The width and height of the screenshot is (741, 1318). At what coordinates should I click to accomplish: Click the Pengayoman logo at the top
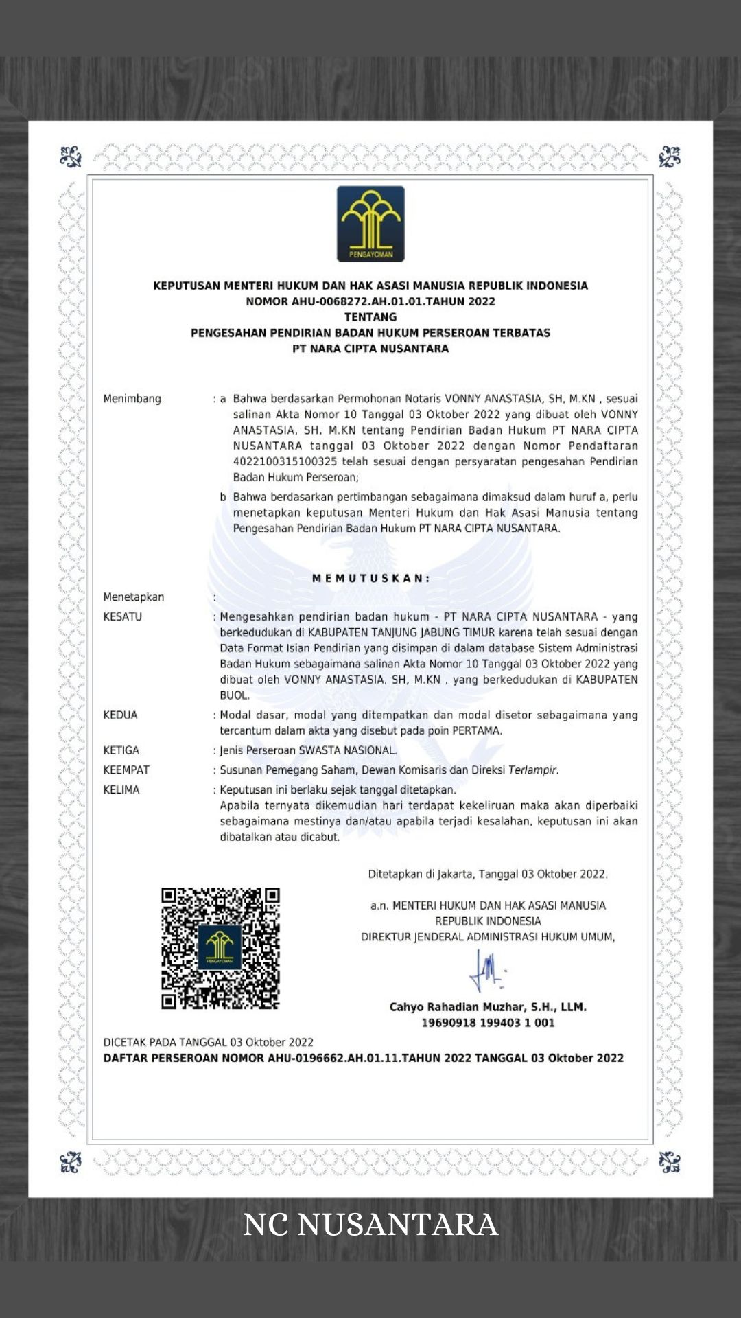370,224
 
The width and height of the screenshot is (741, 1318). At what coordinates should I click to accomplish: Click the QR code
220,948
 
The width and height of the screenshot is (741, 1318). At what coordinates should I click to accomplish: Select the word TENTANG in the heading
370,317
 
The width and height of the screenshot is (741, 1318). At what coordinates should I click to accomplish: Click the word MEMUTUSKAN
370,579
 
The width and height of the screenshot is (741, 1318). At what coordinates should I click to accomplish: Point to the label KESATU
123,616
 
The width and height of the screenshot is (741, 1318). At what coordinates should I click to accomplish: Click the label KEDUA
121,715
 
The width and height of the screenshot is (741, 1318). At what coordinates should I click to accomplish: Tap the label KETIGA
121,750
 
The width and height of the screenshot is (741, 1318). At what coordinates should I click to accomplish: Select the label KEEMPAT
126,770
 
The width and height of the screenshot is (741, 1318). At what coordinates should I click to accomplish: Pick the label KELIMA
121,790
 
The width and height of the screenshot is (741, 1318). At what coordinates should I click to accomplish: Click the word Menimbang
132,399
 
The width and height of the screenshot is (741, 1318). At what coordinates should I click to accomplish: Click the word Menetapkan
134,597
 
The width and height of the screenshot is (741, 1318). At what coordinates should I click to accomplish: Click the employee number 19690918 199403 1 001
488,1023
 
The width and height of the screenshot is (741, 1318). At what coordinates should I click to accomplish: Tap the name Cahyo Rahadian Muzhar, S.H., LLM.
488,1007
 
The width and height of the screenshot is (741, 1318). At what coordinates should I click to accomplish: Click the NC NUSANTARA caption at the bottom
370,1225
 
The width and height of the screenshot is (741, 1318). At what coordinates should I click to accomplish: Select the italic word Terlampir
533,770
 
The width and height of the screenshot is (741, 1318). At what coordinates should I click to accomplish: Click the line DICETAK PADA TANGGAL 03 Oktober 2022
209,1042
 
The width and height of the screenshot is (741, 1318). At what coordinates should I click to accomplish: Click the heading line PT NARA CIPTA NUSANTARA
370,349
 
